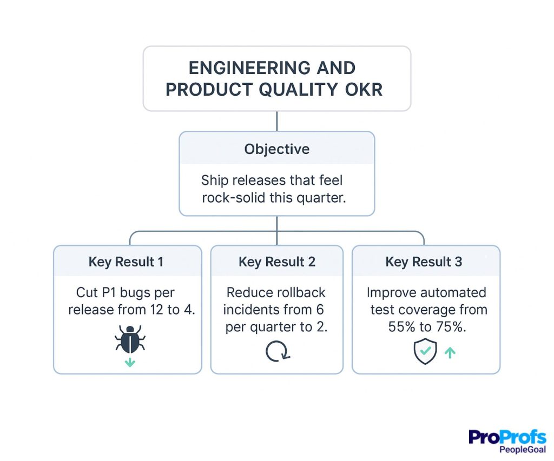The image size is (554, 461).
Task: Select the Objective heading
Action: (276, 149)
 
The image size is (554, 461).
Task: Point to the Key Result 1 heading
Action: (126, 262)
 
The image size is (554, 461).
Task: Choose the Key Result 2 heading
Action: (276, 262)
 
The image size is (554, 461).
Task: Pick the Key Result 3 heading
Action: (424, 262)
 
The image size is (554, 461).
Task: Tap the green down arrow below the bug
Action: (130, 363)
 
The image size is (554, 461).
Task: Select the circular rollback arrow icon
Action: (278, 352)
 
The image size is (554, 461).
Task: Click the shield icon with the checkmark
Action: (425, 352)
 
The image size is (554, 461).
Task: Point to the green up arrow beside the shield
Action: (450, 352)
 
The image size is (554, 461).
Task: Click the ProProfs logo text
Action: (507, 437)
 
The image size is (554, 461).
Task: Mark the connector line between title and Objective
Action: (276, 121)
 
